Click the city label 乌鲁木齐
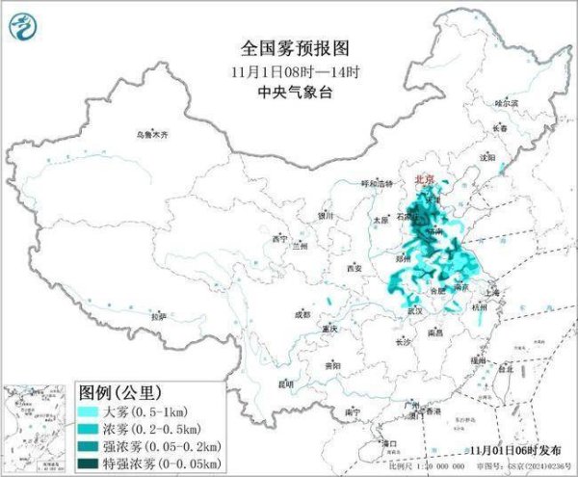151,136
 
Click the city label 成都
302,313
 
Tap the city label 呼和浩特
378,183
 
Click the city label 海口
390,443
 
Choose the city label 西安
354,267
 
